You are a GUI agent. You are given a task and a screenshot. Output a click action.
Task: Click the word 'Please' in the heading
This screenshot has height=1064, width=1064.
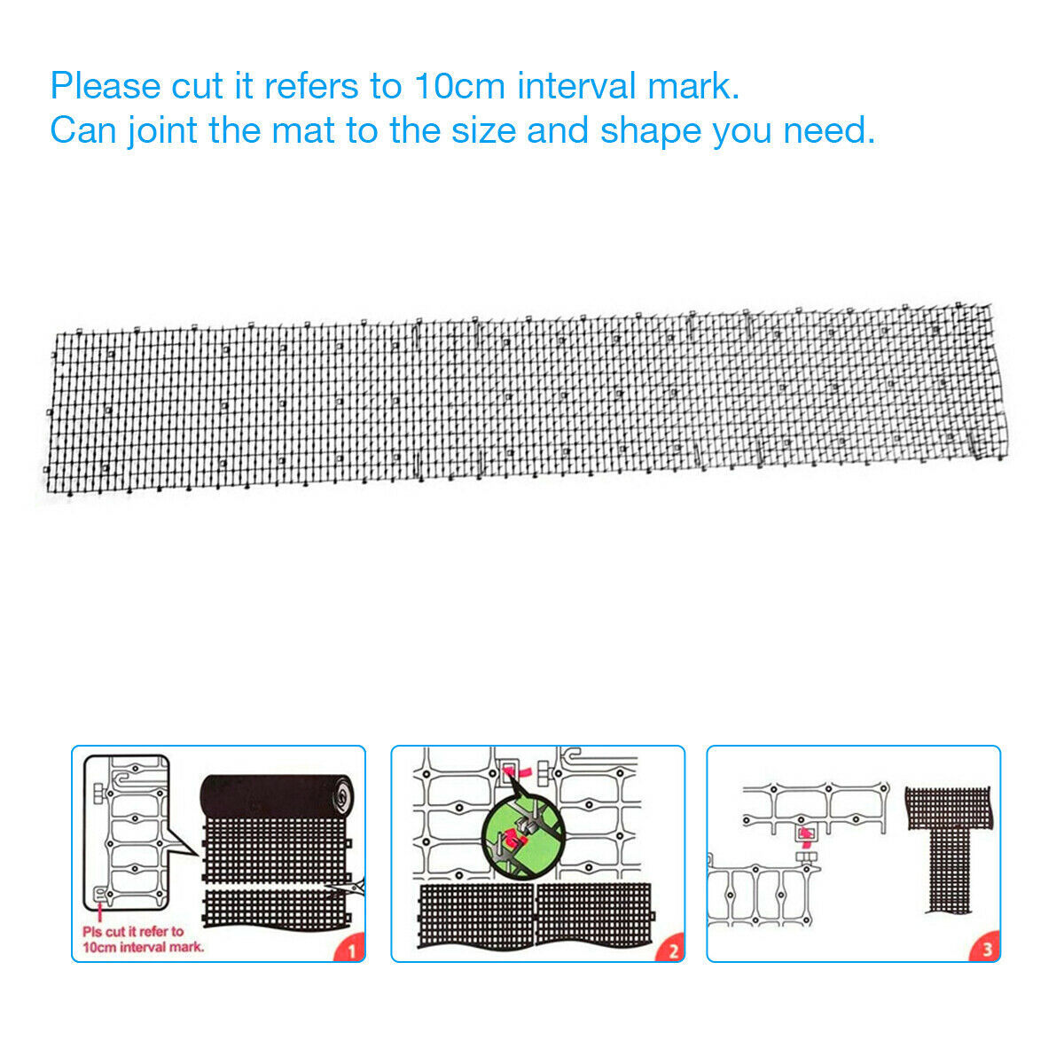(106, 86)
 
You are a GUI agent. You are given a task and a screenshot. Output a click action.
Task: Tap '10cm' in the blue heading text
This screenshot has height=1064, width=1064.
(459, 86)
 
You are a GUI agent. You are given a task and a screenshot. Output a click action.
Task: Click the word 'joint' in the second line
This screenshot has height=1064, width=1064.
(161, 131)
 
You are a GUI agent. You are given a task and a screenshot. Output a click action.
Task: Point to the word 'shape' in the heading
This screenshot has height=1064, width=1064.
(650, 131)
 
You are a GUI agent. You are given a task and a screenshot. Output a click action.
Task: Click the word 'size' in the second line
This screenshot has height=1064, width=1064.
(482, 130)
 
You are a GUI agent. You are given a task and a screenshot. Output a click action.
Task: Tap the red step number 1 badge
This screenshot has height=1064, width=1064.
(351, 949)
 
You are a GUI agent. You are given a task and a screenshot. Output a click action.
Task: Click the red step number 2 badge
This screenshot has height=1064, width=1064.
(671, 949)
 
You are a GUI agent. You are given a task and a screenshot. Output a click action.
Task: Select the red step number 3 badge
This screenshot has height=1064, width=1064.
(986, 949)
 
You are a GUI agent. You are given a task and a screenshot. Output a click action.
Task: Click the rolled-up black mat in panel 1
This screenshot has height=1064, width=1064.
(277, 795)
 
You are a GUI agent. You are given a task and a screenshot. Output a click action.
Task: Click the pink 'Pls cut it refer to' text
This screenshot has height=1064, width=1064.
(132, 932)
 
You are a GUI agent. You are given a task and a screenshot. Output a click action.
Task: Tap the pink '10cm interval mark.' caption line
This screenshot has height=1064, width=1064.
(143, 948)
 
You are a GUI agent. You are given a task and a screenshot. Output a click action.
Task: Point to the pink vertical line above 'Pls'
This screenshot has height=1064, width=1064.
(100, 911)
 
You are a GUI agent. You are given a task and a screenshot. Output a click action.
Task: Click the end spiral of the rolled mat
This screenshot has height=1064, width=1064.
(344, 795)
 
